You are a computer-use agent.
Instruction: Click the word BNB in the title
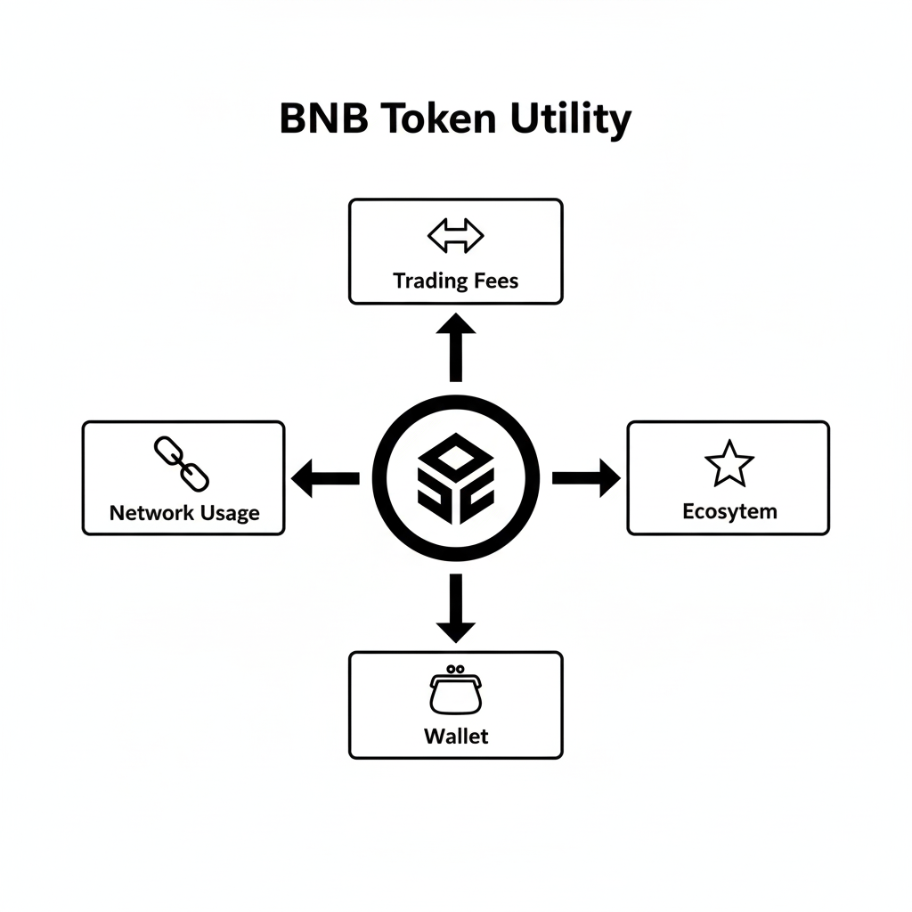coord(322,120)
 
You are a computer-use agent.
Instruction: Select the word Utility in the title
coord(570,120)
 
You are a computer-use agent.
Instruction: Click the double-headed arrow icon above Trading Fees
coord(455,237)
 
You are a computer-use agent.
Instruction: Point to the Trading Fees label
coord(455,281)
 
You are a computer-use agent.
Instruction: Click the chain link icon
coord(182,463)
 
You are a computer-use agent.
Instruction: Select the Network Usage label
coord(184,513)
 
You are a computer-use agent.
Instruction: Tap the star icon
coord(729,463)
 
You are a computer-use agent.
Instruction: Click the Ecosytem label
coord(729,511)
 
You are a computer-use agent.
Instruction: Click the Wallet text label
coord(456,737)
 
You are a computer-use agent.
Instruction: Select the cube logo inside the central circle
coord(456,478)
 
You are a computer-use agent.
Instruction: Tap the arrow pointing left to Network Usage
coord(324,478)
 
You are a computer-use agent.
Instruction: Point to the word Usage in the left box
coord(228,514)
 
